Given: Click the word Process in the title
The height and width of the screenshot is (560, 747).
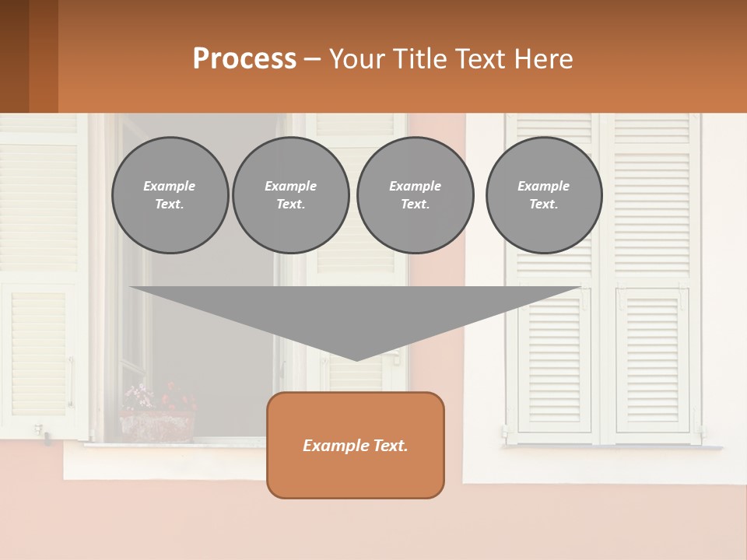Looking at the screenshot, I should (244, 59).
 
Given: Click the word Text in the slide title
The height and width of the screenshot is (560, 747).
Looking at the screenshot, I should (481, 59).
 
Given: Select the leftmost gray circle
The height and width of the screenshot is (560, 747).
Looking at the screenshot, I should (170, 195).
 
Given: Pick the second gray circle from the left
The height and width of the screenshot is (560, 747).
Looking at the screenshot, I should (290, 195).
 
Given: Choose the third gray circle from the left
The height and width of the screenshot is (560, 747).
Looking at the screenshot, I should (415, 195).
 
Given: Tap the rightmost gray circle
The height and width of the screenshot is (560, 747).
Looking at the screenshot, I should (543, 195).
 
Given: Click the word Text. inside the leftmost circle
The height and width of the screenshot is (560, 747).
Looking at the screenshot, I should (170, 205).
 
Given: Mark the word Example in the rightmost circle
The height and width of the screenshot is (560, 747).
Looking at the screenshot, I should (543, 186).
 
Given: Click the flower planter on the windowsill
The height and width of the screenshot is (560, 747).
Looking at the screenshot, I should (157, 426).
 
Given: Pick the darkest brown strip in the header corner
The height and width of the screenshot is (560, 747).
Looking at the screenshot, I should (14, 56).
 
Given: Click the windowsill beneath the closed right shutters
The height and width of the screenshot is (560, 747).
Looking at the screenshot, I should (613, 447).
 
